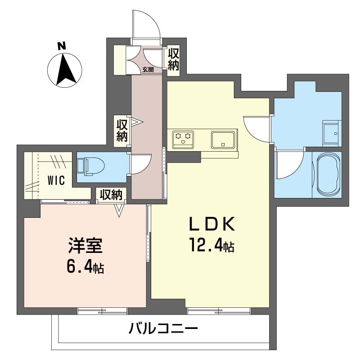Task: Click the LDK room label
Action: pyautogui.click(x=212, y=224)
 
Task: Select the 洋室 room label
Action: pyautogui.click(x=85, y=245)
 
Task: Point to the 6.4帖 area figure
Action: pyautogui.click(x=85, y=266)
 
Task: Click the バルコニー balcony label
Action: pyautogui.click(x=163, y=328)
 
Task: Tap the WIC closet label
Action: pyautogui.click(x=56, y=180)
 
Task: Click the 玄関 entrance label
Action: pyautogui.click(x=148, y=69)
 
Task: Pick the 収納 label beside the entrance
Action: pyautogui.click(x=173, y=59)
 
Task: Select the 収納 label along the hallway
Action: pyautogui.click(x=122, y=130)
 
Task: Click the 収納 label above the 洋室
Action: pyautogui.click(x=111, y=195)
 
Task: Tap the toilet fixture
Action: pyautogui.click(x=91, y=166)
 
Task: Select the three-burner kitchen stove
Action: pyautogui.click(x=183, y=139)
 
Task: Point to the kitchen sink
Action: pyautogui.click(x=223, y=139)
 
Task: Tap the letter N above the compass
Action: pyautogui.click(x=62, y=46)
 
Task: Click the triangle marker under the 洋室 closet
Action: pyautogui.click(x=119, y=210)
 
